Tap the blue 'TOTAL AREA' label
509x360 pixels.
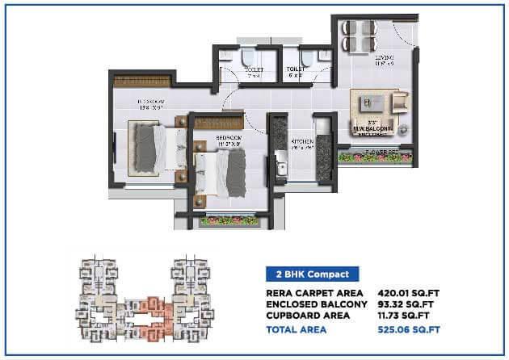(x=294, y=329)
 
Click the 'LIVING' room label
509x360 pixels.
(x=384, y=58)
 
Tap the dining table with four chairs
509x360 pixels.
(x=360, y=36)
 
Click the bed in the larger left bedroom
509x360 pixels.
(x=151, y=145)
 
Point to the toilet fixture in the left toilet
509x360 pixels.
(x=248, y=58)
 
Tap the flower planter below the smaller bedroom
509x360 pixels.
(x=223, y=219)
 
